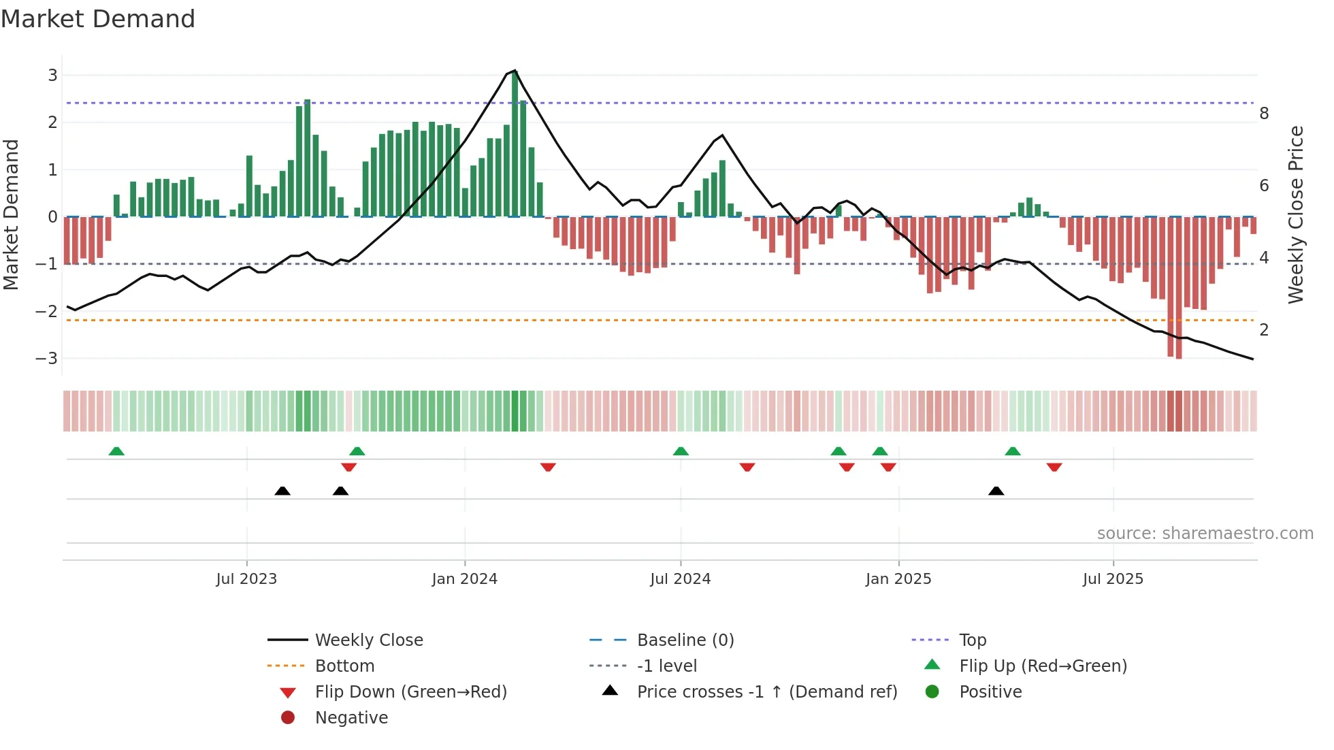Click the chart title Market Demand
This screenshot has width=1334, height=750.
(x=98, y=19)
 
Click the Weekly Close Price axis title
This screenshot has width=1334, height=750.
(x=1296, y=214)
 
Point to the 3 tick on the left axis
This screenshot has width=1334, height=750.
(x=52, y=76)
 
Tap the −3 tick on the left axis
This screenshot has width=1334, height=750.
(x=47, y=359)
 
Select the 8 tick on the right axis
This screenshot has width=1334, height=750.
(x=1264, y=114)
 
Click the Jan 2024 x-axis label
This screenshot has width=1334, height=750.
(x=464, y=579)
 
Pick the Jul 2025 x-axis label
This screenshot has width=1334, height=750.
(x=1113, y=579)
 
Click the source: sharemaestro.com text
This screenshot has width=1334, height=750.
(x=1205, y=534)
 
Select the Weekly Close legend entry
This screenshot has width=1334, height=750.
(x=368, y=640)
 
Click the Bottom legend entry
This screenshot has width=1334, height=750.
(x=344, y=666)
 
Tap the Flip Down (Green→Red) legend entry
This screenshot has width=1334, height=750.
(x=410, y=692)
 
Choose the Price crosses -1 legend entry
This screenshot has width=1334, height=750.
(x=766, y=692)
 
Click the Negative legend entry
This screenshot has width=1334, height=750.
(x=351, y=718)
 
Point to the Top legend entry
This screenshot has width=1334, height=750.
(x=972, y=640)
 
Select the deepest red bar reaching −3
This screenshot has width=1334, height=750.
(x=1179, y=287)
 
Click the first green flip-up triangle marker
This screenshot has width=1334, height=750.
(x=116, y=451)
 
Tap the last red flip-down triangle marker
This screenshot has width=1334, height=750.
(x=1054, y=467)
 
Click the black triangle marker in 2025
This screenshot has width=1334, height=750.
(x=996, y=491)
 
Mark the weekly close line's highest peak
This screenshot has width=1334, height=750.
(x=515, y=71)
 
